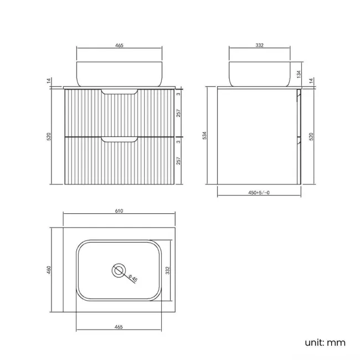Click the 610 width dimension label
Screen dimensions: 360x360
coord(119,210)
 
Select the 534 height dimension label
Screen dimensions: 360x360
coord(204,135)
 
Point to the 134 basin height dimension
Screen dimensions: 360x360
coord(299,73)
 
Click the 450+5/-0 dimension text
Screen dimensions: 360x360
coord(259,193)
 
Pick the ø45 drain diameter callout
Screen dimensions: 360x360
coord(133,279)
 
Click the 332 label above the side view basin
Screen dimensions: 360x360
coord(259,45)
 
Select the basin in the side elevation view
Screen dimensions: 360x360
coord(259,74)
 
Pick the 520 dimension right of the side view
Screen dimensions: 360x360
coord(311,136)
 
